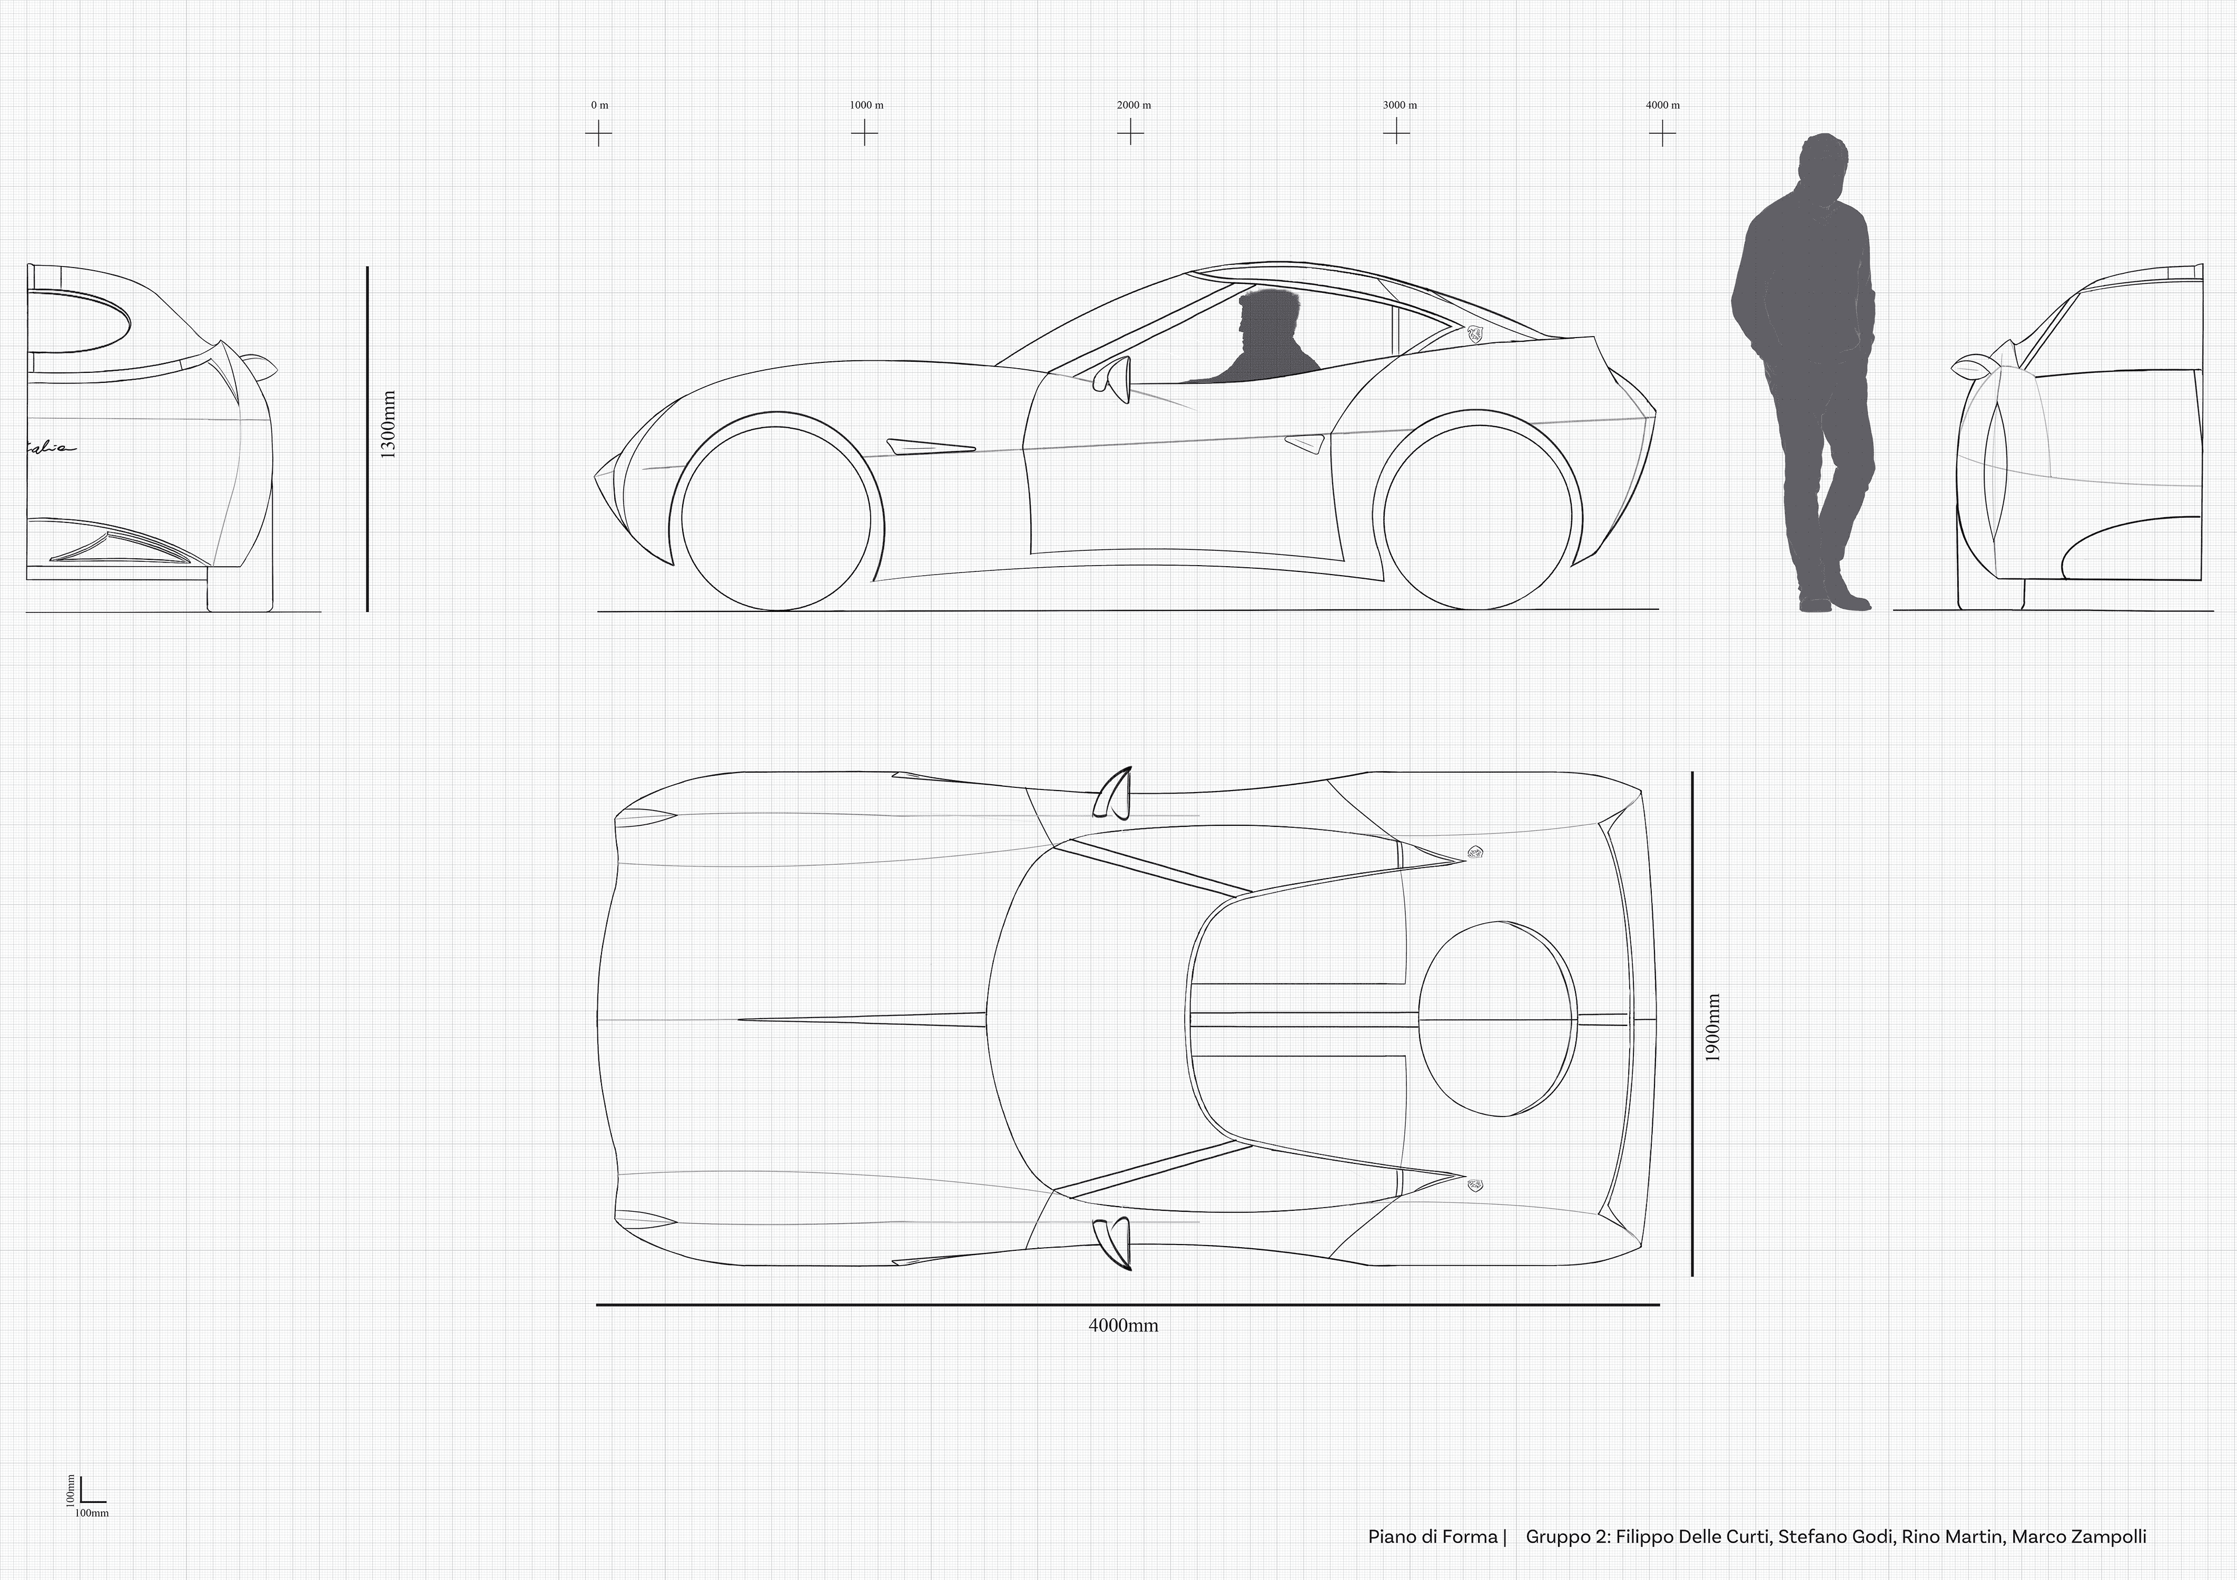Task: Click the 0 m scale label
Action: (599, 105)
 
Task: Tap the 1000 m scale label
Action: (865, 105)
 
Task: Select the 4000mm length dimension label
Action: (1124, 1326)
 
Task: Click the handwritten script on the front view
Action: (48, 447)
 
